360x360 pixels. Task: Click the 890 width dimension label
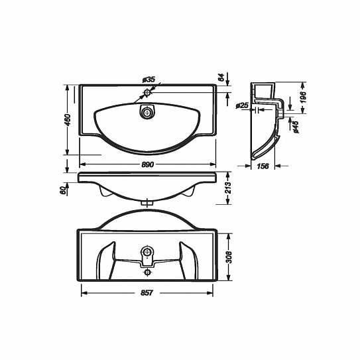pos(147,164)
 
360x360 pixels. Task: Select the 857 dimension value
pos(147,293)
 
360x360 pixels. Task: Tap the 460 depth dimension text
pos(68,120)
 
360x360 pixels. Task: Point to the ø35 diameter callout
pos(149,80)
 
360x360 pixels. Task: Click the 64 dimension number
pos(221,78)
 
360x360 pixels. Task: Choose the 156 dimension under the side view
pos(263,166)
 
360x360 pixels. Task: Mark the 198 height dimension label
pos(303,97)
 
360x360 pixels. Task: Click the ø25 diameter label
pos(242,105)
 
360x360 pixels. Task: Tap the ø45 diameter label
pos(296,127)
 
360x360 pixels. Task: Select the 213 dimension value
pos(228,188)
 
